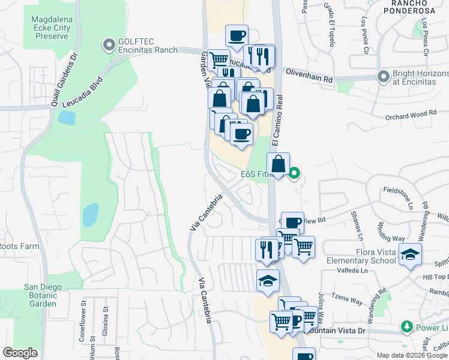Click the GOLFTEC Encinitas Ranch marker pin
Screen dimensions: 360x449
109,44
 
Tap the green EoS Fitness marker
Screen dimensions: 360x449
294,175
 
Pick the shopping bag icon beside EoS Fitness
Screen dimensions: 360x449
279,164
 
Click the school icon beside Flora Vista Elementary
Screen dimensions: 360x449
410,256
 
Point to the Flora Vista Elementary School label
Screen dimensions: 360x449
361,256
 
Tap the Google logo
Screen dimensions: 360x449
20,353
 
